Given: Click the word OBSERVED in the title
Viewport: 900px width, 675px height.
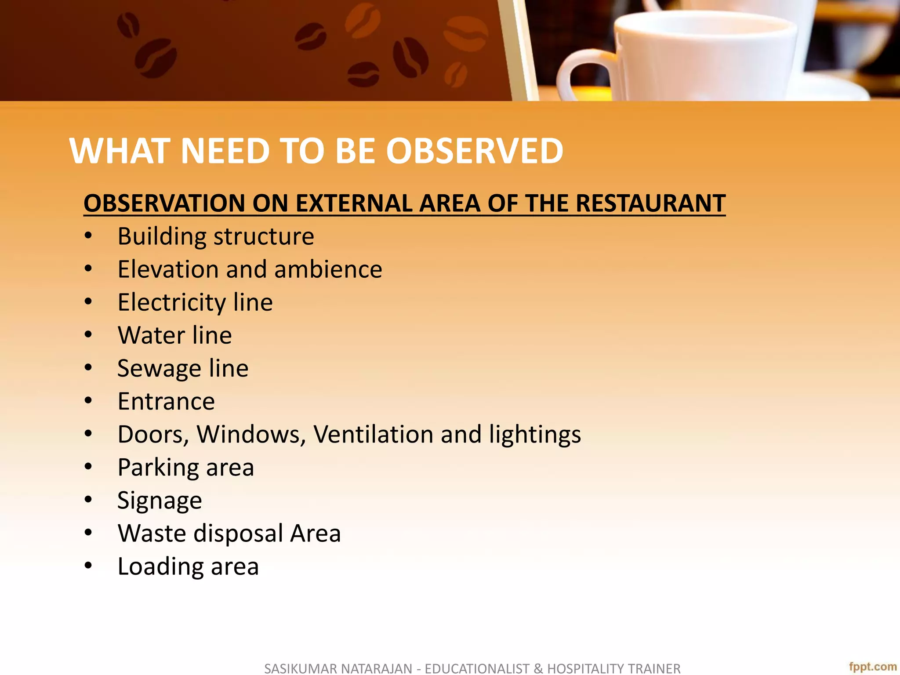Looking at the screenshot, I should coord(475,151).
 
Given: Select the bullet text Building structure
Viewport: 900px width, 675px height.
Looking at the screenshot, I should coord(216,236).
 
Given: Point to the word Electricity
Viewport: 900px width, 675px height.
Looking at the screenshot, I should coord(172,303).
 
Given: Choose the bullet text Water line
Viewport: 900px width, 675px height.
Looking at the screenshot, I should coord(174,335).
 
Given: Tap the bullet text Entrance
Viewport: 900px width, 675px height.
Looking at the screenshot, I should coord(166,401).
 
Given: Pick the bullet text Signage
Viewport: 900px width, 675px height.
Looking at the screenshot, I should coord(160,501).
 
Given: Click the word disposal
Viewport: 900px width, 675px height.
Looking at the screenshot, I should coord(238,533).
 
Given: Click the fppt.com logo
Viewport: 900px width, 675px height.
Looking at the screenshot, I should coord(872,667).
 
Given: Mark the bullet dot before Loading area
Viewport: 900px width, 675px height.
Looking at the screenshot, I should coord(88,566).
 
